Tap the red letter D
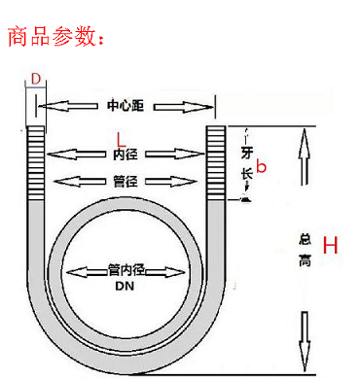(36, 77)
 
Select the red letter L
(121, 137)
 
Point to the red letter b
(260, 168)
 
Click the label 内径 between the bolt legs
(124, 154)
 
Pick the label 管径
(124, 181)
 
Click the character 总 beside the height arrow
(304, 239)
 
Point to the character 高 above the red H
(304, 262)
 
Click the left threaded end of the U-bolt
(37, 161)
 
